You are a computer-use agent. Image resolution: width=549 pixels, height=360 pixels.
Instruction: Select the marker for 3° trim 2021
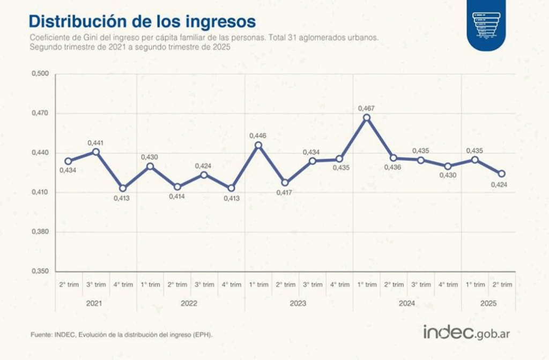[96, 152]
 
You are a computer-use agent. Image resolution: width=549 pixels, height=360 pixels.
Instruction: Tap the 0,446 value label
[258, 136]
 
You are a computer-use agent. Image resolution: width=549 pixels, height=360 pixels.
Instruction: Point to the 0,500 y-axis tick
[41, 74]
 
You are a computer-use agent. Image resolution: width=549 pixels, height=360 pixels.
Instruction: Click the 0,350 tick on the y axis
[41, 271]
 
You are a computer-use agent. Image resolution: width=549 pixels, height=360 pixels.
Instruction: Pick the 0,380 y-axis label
[41, 232]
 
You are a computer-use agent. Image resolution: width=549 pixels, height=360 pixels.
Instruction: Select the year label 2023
[298, 303]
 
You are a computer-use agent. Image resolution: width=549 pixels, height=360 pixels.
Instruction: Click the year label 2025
[488, 303]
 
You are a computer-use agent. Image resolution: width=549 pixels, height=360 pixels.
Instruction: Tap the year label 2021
[95, 303]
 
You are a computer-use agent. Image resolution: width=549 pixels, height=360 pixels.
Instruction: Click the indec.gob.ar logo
[466, 332]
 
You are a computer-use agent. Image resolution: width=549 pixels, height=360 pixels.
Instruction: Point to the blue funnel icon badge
[486, 25]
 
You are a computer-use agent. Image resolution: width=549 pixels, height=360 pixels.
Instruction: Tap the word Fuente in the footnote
[41, 335]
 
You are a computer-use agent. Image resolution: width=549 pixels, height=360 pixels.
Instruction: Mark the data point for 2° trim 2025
[502, 174]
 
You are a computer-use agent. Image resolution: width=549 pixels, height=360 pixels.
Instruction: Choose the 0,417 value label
[285, 192]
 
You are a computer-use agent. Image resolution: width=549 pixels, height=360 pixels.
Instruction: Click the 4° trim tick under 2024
[448, 284]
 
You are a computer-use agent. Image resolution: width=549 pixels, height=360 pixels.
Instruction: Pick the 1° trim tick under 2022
[150, 284]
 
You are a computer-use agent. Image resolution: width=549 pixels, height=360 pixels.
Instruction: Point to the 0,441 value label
[95, 142]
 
